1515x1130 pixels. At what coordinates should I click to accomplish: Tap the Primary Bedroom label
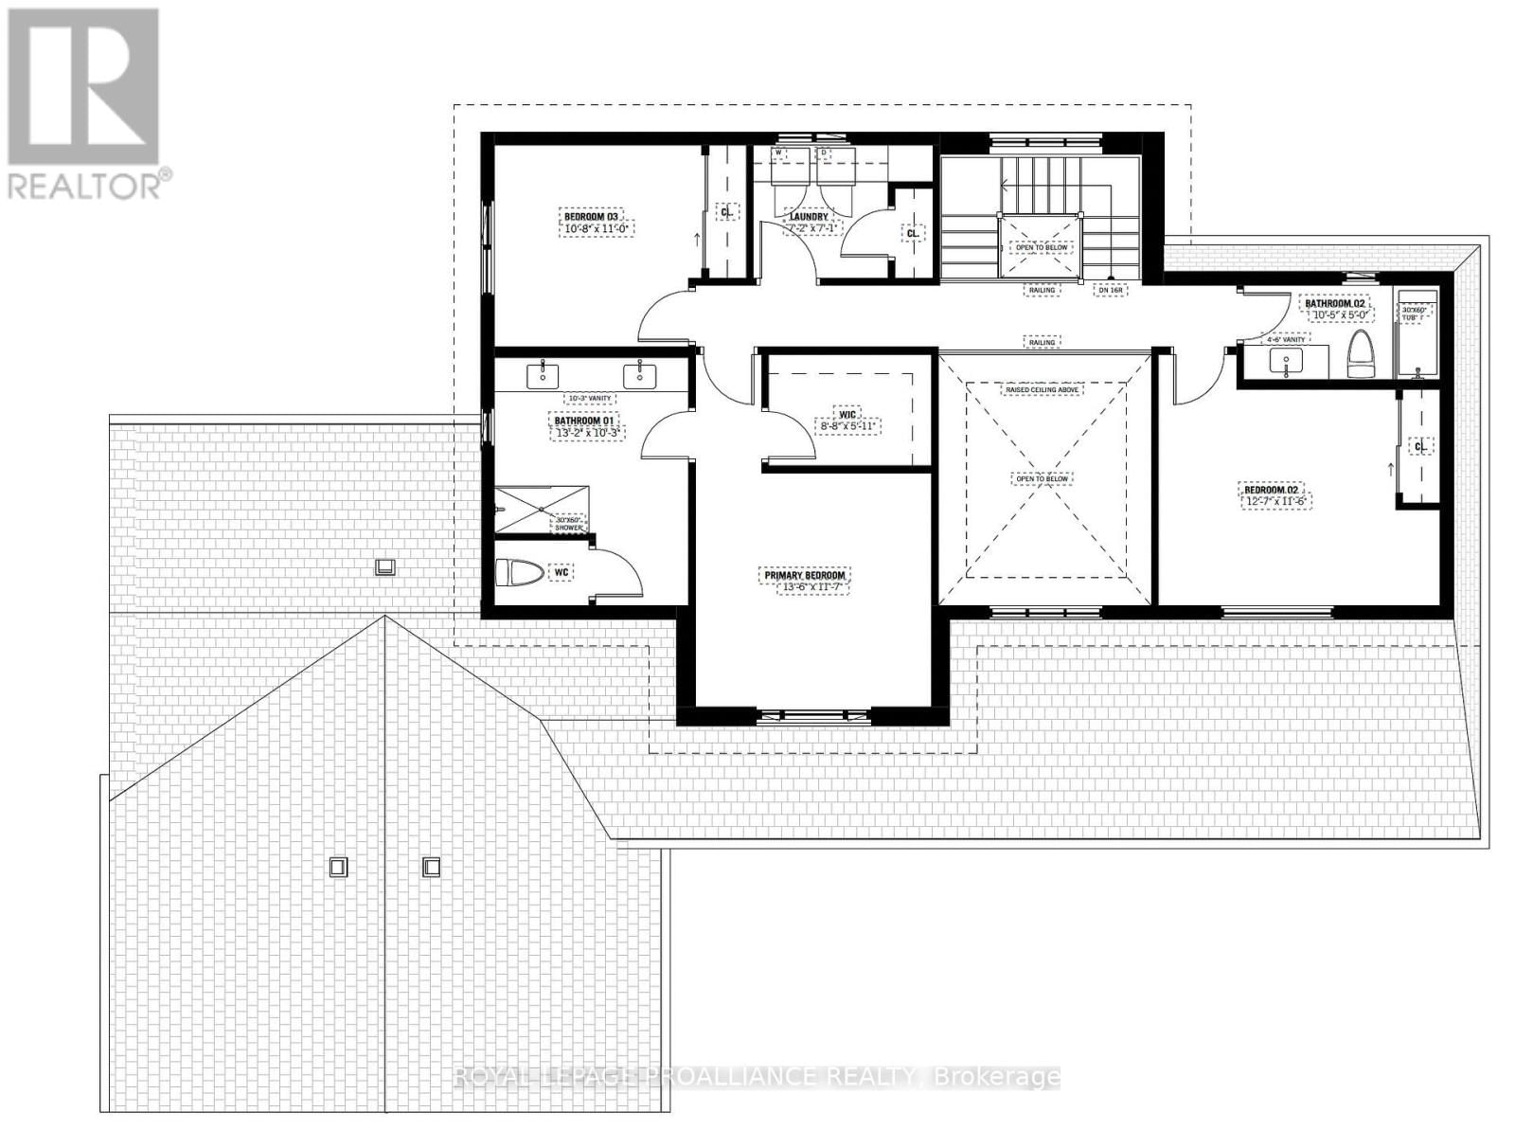pyautogui.click(x=804, y=575)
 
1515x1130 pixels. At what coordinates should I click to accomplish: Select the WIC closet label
pyautogui.click(x=847, y=414)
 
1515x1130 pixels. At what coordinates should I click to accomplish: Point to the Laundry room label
pyautogui.click(x=809, y=217)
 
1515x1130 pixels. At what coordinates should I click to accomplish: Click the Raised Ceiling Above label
pyautogui.click(x=1042, y=389)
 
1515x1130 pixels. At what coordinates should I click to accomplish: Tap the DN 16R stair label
pyautogui.click(x=1110, y=291)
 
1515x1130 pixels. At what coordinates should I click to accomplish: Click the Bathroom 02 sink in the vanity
pyautogui.click(x=1286, y=361)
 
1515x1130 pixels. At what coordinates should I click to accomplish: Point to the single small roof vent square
pyautogui.click(x=385, y=567)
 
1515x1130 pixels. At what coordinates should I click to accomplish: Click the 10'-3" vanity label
pyautogui.click(x=589, y=398)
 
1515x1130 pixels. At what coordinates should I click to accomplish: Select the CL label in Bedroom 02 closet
pyautogui.click(x=1419, y=445)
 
